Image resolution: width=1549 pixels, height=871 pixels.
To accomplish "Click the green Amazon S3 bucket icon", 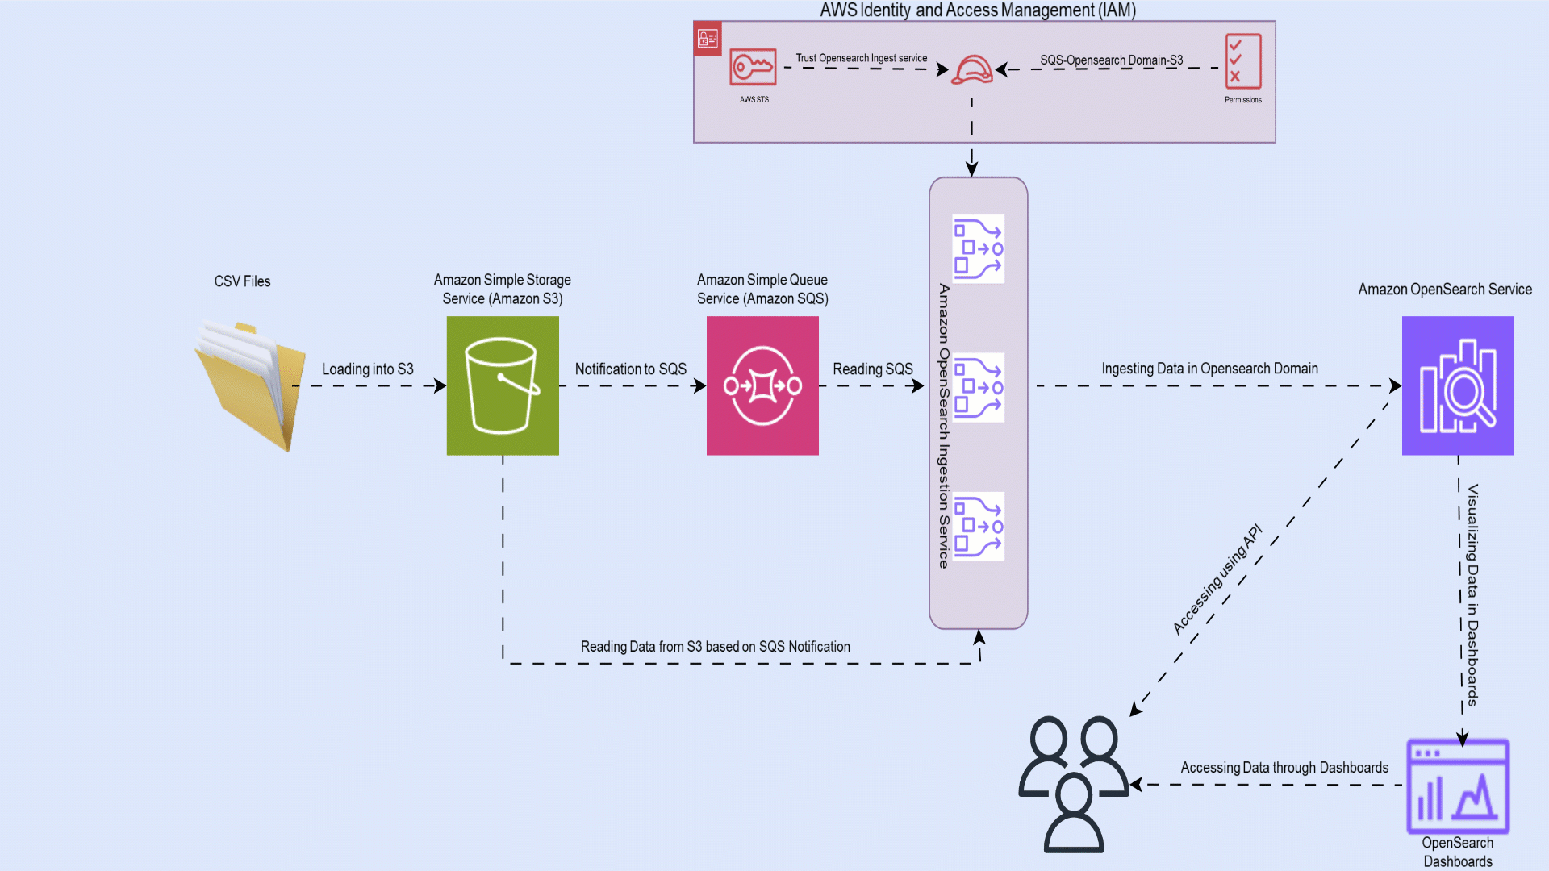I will (503, 385).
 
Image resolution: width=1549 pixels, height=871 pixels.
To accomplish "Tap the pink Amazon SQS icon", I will (762, 385).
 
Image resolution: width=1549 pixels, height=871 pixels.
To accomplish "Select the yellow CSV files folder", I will (251, 385).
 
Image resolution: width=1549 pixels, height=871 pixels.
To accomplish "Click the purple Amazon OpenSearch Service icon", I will (1458, 385).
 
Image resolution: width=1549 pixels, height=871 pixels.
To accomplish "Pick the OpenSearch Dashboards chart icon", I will (1458, 786).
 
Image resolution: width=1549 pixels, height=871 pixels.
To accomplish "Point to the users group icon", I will (1074, 782).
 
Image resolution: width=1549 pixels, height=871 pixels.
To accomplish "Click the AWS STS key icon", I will (753, 67).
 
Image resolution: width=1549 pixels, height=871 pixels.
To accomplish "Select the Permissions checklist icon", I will (1242, 60).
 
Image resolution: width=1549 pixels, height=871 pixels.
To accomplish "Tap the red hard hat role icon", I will (971, 70).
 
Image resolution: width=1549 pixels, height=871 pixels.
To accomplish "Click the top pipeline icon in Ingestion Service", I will (978, 248).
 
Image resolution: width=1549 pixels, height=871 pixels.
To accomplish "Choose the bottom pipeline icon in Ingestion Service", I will (978, 527).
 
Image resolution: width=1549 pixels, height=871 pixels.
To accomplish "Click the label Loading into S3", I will (367, 369).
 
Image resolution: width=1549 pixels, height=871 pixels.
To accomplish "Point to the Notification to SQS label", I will (630, 369).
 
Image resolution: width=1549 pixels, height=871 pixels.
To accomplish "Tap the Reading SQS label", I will (872, 369).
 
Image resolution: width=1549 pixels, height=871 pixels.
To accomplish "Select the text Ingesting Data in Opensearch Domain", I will (1209, 369).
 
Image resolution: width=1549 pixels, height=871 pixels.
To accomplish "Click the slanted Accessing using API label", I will (1217, 579).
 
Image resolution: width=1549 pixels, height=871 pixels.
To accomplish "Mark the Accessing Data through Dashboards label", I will (1284, 768).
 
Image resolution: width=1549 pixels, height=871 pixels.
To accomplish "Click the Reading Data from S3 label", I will (715, 647).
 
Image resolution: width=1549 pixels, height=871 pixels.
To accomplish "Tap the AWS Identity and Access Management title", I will (978, 10).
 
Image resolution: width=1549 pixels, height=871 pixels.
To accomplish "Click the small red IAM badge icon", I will (708, 38).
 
